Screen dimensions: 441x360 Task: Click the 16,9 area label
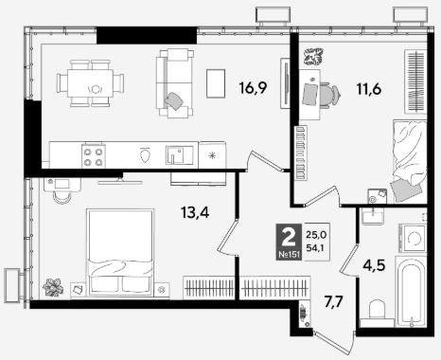253,88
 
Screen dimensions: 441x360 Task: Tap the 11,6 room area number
369,89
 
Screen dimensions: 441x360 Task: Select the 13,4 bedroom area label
195,212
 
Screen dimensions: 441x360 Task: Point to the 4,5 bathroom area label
374,265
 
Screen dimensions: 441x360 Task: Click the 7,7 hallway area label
334,302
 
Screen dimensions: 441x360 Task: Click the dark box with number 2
289,242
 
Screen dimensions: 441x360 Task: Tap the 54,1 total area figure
316,248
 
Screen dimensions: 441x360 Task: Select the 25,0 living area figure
316,235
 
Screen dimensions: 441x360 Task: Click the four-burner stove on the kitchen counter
94,156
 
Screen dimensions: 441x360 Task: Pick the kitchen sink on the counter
179,155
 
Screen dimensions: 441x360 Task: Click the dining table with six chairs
90,83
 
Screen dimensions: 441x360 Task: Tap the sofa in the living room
175,83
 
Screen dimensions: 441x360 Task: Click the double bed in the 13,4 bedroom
120,253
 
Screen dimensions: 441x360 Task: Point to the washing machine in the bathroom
413,239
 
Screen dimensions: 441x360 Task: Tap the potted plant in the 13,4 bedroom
53,287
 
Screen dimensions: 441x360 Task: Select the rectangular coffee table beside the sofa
216,83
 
